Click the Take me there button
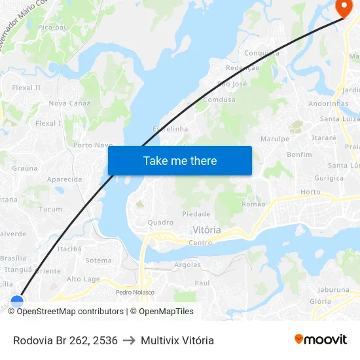179,160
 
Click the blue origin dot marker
17,301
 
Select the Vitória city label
207,230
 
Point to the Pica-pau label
52,27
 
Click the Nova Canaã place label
69,103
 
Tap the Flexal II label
26,87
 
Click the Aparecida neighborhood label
64,179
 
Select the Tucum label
50,209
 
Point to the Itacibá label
69,249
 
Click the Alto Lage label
83,279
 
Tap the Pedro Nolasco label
135,292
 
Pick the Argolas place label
188,264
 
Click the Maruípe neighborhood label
274,139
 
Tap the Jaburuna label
333,289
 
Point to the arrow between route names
129,340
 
